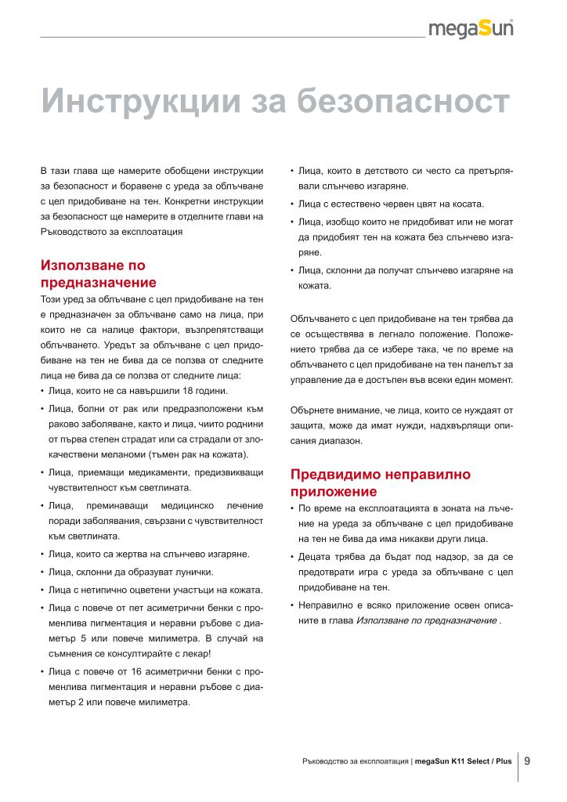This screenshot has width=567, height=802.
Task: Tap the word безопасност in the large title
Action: (x=383, y=100)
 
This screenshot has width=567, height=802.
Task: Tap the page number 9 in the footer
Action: (x=527, y=760)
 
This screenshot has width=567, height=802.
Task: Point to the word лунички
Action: (x=188, y=572)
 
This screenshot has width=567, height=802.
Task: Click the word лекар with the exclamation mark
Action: (x=193, y=652)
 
